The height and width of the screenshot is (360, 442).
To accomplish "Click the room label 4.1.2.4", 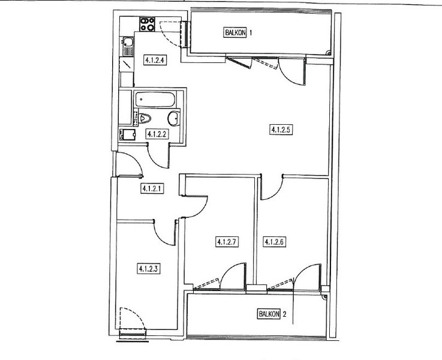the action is (155, 60).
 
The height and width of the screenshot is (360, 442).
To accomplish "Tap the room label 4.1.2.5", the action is (281, 130).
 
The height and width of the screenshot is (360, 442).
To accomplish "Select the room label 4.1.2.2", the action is (157, 134).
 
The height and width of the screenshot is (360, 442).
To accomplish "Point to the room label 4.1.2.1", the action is (152, 188).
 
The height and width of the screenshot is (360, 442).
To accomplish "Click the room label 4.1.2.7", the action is (227, 242).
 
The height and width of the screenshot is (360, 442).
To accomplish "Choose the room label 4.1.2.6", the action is (275, 242).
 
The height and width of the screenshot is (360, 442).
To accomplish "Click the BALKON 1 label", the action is (238, 32).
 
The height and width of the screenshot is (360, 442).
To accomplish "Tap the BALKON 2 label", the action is (272, 314).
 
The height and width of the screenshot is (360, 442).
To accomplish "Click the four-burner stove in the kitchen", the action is (147, 24).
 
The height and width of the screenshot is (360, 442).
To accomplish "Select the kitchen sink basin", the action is (128, 42).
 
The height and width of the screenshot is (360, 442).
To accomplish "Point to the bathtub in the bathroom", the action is (155, 99).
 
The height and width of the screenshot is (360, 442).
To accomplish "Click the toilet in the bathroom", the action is (144, 118).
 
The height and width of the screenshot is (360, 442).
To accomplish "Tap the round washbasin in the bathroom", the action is (174, 119).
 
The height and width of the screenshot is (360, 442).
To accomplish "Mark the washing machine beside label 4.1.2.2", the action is (127, 134).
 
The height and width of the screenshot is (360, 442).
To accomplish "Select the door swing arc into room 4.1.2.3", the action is (161, 238).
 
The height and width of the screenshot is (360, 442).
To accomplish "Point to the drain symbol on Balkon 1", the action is (329, 52).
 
